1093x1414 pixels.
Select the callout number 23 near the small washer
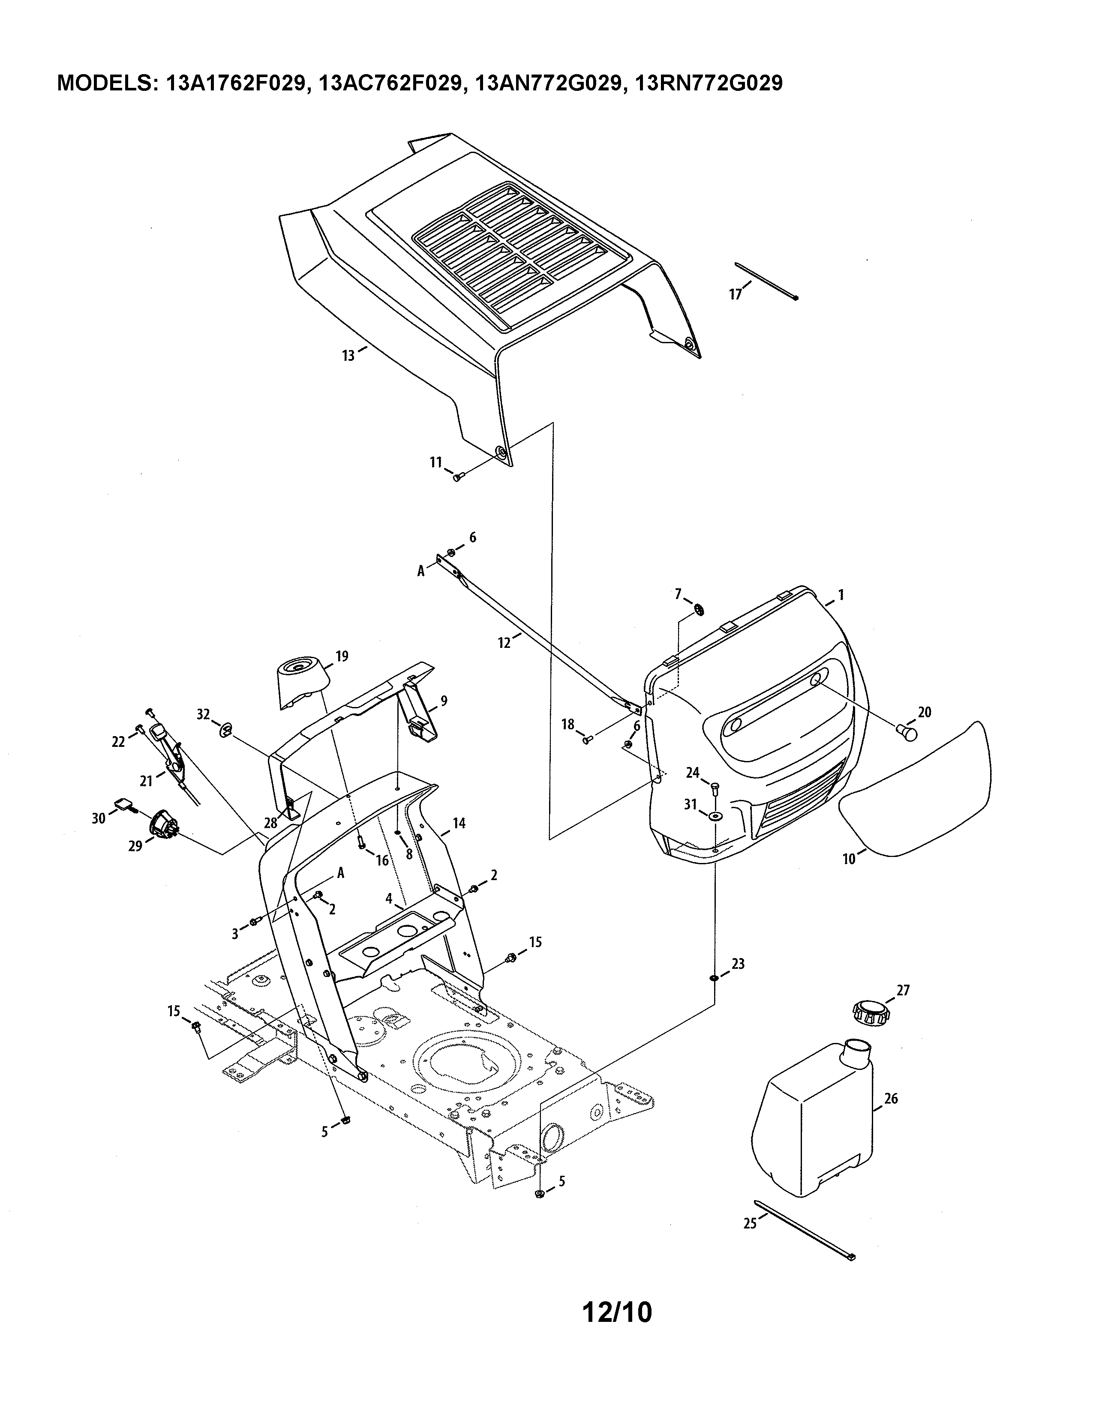tap(738, 982)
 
